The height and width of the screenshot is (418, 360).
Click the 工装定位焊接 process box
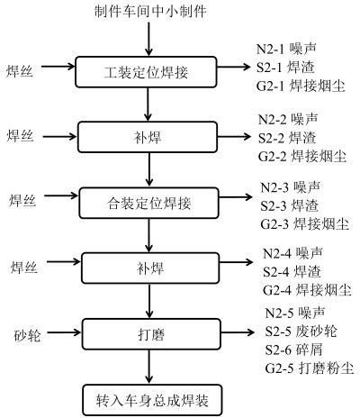tap(146, 72)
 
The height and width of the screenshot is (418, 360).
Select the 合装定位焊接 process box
tap(148, 203)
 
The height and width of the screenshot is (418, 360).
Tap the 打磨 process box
tap(151, 334)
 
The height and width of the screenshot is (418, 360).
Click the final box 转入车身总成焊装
tap(152, 400)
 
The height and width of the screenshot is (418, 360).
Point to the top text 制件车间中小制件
tap(150, 12)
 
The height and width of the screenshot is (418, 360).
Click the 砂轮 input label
tap(27, 335)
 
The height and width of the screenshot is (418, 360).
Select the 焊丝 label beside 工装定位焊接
tap(20, 71)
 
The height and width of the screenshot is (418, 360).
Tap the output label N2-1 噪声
tap(286, 49)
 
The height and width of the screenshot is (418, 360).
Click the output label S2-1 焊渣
tap(285, 68)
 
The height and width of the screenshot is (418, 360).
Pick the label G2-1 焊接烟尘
tap(301, 86)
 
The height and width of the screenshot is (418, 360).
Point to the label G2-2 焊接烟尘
tap(302, 157)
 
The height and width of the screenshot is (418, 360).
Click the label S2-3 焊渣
tap(289, 206)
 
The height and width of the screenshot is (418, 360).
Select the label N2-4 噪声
tap(292, 253)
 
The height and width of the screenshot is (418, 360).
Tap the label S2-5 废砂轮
tap(301, 332)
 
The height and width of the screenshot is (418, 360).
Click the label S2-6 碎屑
tap(294, 350)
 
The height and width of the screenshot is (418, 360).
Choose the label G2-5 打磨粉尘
tap(310, 368)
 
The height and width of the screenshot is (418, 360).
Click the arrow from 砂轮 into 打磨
tap(64, 332)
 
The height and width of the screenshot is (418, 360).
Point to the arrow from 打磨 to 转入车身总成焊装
tap(149, 367)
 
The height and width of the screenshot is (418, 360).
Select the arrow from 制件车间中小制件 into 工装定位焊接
tap(148, 39)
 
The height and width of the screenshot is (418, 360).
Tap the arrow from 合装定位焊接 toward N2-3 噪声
tap(236, 197)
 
